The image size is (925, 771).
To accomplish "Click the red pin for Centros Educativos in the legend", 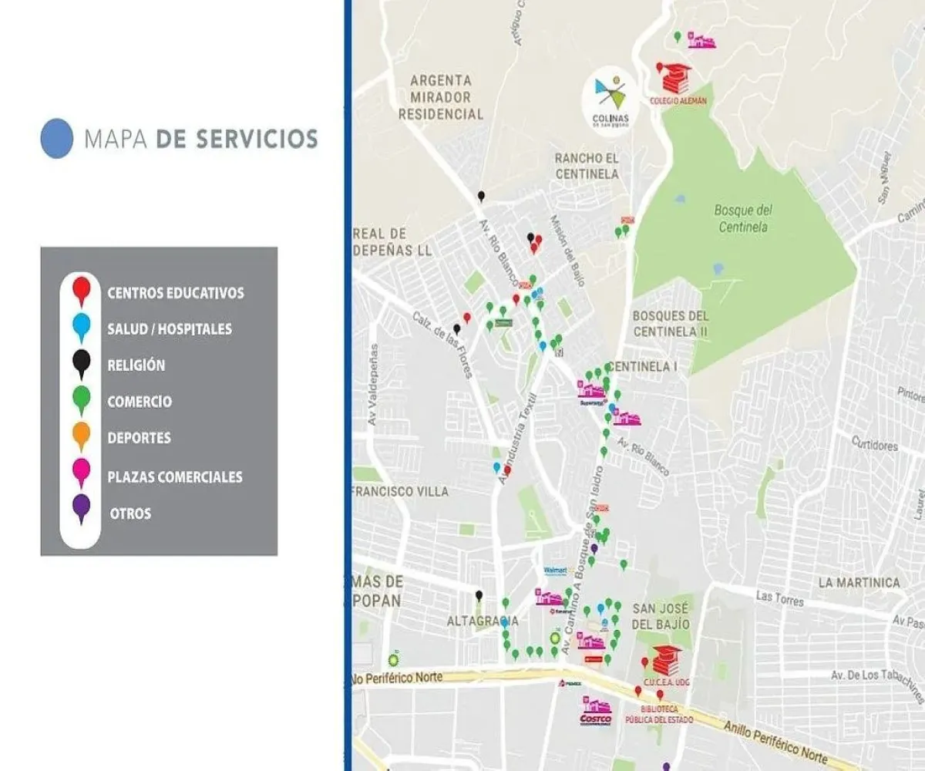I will [81, 290].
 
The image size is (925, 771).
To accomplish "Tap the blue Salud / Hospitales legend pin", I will [81, 327].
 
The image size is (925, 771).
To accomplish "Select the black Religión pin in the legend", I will [81, 363].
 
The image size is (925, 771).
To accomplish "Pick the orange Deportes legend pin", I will [81, 436].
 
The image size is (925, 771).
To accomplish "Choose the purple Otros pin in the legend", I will [81, 509].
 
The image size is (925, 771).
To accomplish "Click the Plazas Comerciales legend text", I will [175, 476].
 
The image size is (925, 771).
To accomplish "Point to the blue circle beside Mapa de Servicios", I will [56, 139].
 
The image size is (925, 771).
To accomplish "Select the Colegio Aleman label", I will [678, 100].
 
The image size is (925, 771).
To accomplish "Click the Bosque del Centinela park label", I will [743, 217].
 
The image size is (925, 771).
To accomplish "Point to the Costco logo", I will [595, 719].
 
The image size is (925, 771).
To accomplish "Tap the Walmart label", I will [555, 571].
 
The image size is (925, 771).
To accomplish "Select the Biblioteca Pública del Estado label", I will [665, 714].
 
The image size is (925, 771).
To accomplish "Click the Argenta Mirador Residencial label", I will [446, 97].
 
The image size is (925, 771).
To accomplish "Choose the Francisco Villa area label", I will [399, 491].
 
